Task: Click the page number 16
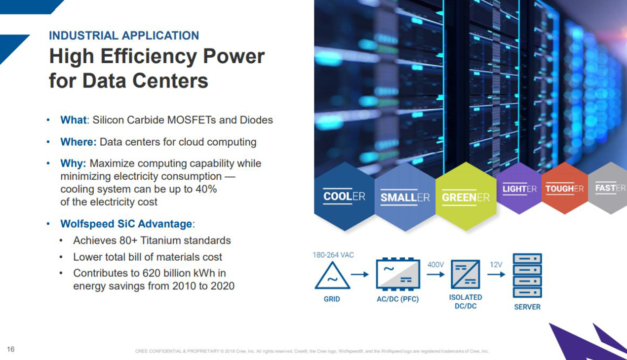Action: coord(11,349)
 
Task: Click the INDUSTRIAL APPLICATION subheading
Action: coord(124,36)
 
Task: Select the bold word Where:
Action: coord(78,142)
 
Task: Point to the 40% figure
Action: coord(206,189)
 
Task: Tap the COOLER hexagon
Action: coord(344,197)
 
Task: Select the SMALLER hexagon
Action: coord(405,197)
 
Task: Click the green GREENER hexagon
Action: coord(466,197)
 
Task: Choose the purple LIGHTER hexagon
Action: coord(519,189)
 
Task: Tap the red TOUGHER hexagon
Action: coord(565,189)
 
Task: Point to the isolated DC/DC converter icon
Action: coord(466,275)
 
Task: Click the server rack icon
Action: coord(527,276)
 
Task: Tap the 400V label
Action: coord(435,265)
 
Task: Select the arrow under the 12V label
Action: coord(496,275)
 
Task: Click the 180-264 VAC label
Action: coord(333,255)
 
